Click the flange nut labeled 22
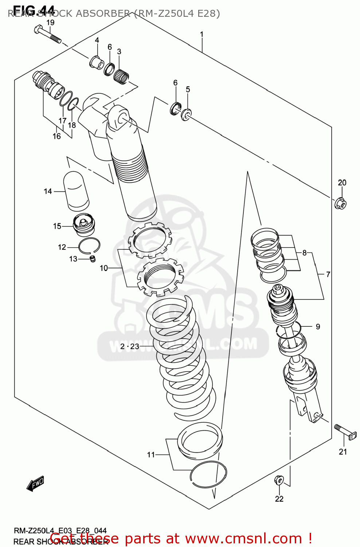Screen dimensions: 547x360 click(x=279, y=480)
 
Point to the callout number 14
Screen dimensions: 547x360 click(x=48, y=191)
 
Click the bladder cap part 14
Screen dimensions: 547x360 click(x=77, y=191)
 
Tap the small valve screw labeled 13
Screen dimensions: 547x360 click(x=92, y=259)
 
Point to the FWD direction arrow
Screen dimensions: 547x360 click(x=36, y=484)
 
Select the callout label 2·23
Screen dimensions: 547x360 click(x=130, y=346)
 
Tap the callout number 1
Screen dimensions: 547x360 click(x=201, y=35)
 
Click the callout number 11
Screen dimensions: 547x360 click(x=151, y=454)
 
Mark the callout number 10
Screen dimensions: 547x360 click(x=104, y=268)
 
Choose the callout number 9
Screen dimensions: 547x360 click(x=318, y=327)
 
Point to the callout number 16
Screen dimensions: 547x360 click(x=56, y=136)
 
